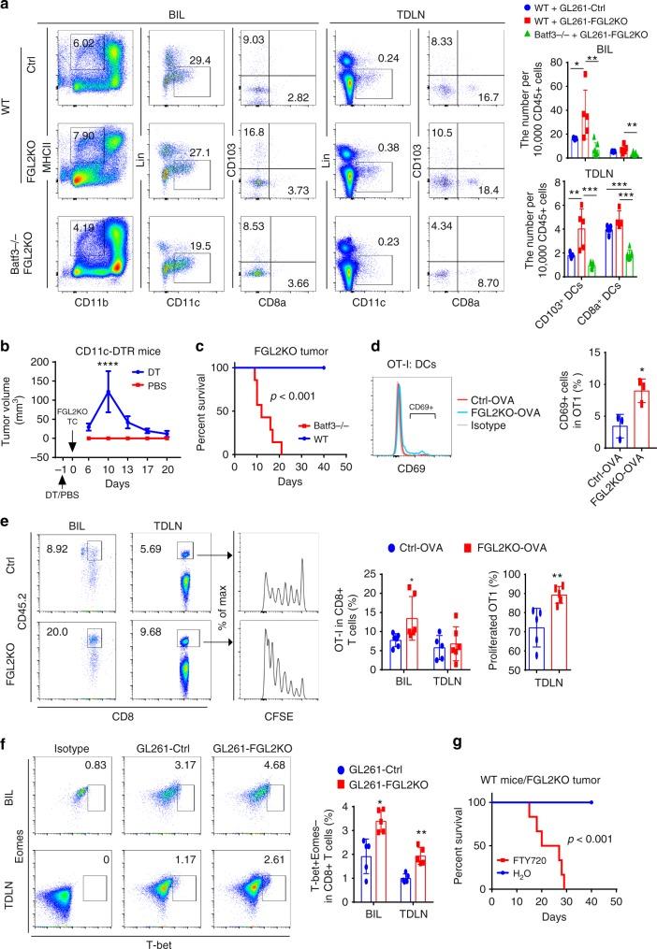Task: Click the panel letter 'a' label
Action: pyautogui.click(x=6, y=7)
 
